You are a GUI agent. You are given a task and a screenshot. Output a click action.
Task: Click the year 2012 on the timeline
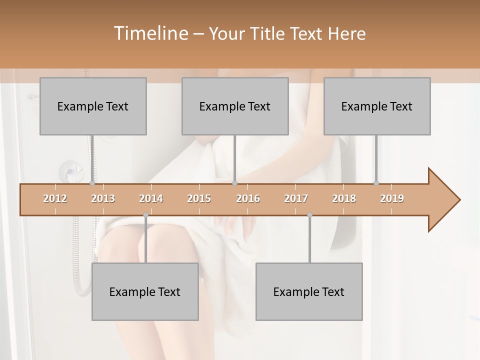pos(55,198)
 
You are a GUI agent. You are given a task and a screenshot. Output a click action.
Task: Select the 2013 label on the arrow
pos(103,198)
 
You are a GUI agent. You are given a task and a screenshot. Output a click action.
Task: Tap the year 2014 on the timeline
pos(151,198)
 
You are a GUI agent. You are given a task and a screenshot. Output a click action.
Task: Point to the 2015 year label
pos(199,198)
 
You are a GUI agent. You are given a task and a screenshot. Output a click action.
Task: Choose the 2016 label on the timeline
pos(248,198)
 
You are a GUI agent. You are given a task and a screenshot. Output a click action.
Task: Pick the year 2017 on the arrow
pos(296,198)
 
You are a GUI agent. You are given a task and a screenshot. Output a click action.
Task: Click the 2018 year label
pos(344,198)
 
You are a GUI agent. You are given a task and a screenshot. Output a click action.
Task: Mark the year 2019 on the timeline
pos(392,198)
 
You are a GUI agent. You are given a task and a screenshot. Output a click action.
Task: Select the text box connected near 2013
pos(93,106)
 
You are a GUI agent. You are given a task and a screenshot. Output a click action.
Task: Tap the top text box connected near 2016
pos(235,106)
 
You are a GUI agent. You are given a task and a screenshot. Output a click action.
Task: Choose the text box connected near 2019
pos(377,106)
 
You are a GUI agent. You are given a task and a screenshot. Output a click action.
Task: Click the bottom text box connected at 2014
pos(145,291)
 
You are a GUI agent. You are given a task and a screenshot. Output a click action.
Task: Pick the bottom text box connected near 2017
pos(309,291)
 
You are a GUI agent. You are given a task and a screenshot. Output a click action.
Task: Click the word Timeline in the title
pos(150,33)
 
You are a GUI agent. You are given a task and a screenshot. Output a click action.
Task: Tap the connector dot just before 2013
pos(92,183)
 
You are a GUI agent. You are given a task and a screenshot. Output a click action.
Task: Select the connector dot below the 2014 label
pos(145,215)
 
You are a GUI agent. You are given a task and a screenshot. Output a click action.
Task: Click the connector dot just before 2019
pos(376,183)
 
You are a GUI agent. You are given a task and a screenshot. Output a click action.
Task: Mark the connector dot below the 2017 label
pos(309,215)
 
